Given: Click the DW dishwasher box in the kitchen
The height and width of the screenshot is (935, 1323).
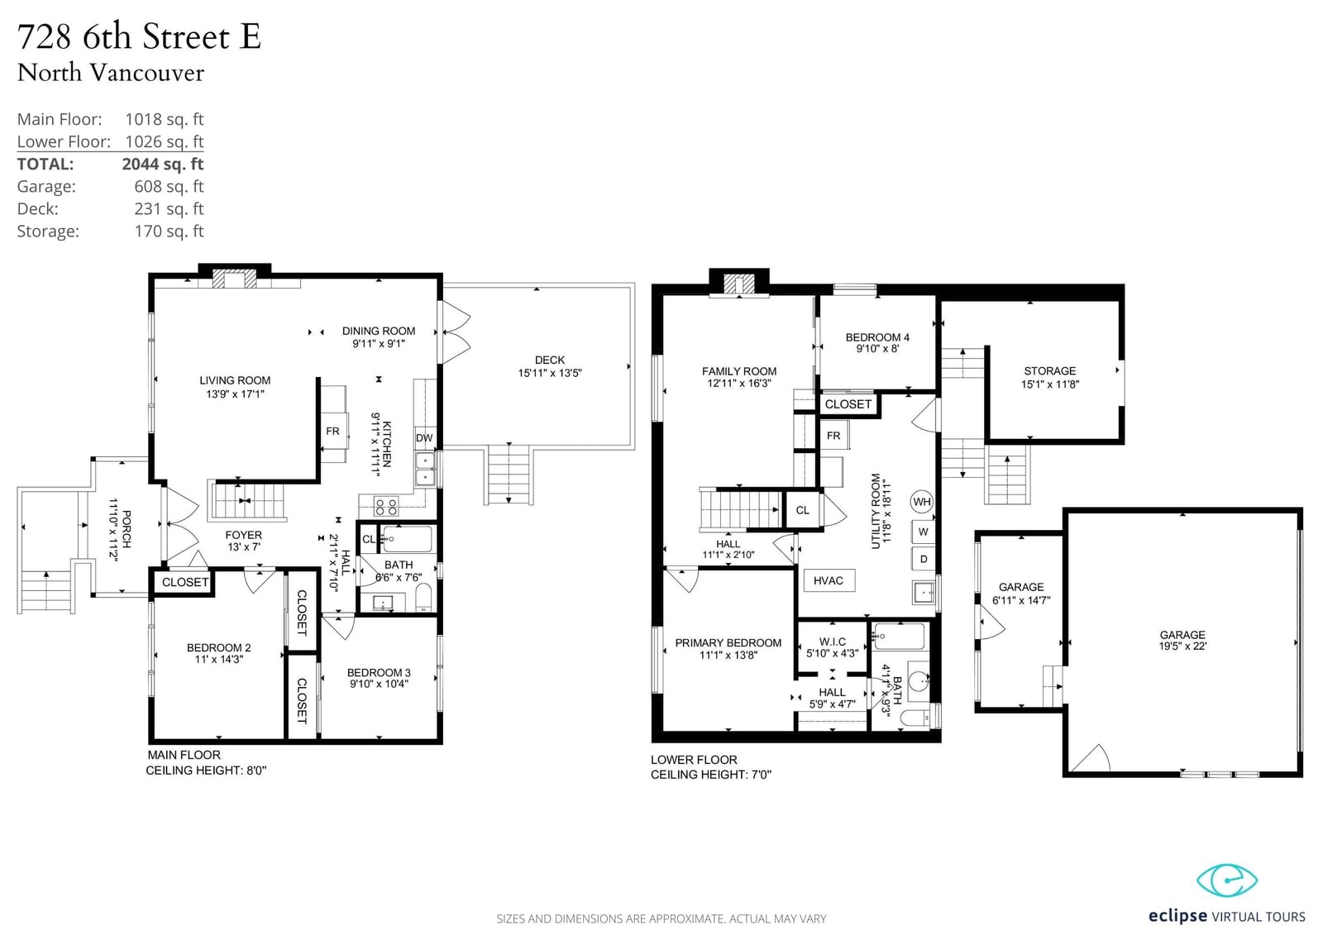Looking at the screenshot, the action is click(425, 437).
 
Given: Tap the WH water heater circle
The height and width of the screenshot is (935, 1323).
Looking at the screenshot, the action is click(922, 502).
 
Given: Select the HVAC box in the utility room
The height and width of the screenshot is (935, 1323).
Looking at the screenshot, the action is click(829, 580).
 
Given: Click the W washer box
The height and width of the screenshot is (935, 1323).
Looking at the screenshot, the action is click(923, 532).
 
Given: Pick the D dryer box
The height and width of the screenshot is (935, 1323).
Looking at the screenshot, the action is click(923, 559).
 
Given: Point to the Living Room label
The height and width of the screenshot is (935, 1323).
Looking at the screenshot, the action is click(235, 380).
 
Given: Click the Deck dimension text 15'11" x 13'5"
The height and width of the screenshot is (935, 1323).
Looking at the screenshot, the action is click(550, 373).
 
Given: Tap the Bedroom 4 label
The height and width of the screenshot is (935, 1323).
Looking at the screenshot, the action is click(877, 337).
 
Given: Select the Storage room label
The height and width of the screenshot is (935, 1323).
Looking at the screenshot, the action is click(1050, 371).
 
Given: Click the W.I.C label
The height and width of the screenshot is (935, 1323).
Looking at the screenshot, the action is click(832, 642).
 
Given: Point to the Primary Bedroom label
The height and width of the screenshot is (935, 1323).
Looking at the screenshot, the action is click(728, 642).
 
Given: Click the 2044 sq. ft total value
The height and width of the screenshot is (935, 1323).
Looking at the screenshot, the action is click(163, 164).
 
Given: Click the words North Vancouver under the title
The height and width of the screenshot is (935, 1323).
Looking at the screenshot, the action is click(111, 74).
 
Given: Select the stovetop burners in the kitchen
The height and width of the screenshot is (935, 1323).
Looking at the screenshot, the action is click(386, 506).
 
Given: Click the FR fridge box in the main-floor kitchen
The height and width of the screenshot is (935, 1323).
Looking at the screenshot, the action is click(333, 432).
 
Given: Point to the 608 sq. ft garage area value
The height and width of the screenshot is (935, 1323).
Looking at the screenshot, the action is click(169, 186).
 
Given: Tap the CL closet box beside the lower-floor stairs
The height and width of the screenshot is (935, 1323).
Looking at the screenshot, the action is click(802, 510).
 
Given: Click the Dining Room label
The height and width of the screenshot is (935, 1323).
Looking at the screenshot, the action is click(379, 331).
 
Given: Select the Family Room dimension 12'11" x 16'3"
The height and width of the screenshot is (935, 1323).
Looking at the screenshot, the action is click(739, 384).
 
